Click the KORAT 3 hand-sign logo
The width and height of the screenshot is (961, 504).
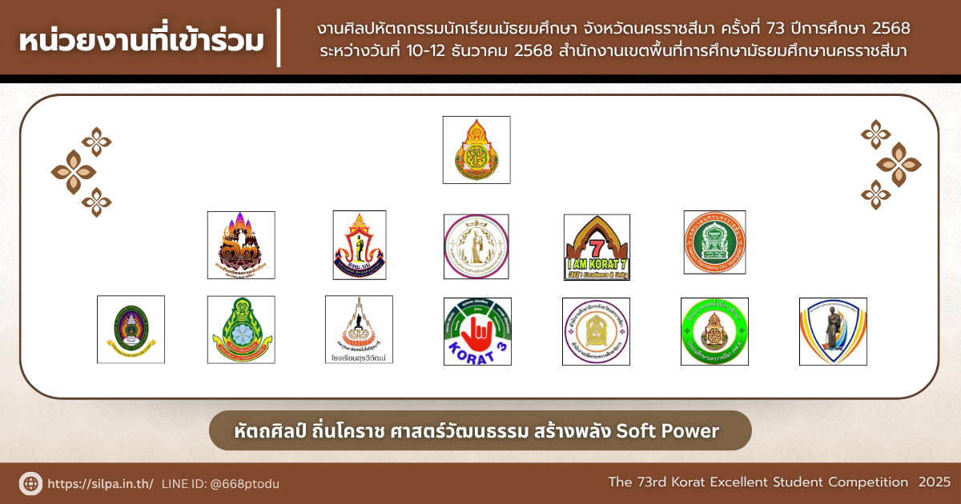tap(477, 331)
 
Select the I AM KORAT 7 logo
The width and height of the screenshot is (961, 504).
tap(597, 247)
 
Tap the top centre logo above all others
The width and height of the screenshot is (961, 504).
tap(476, 150)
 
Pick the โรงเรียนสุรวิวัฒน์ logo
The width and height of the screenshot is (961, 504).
tap(359, 330)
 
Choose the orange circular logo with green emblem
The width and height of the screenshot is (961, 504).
tap(714, 242)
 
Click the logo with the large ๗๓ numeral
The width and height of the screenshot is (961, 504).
tap(241, 245)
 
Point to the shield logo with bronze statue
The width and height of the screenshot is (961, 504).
tap(833, 331)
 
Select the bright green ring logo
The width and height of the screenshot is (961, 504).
tap(714, 331)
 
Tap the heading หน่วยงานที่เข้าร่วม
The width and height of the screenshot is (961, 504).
tap(140, 39)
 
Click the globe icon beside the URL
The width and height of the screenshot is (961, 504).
tap(30, 483)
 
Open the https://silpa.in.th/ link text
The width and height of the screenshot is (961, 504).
tap(100, 484)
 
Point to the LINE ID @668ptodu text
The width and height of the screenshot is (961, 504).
tap(220, 484)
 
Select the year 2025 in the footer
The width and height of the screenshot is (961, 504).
tap(935, 482)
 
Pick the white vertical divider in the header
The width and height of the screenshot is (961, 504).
tap(279, 38)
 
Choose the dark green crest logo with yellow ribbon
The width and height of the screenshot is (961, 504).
tap(131, 330)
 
